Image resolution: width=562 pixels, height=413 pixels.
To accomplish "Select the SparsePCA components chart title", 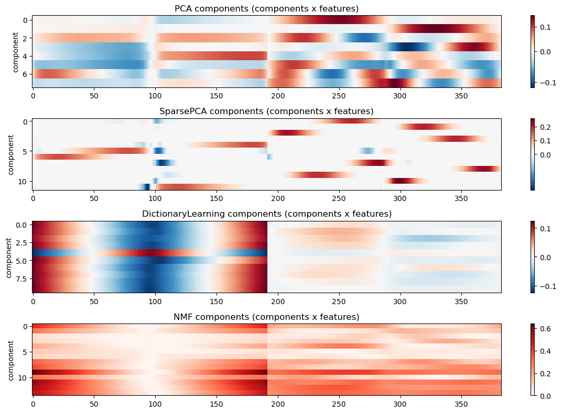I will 266,111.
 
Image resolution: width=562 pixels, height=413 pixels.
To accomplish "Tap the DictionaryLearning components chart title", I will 266,214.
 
